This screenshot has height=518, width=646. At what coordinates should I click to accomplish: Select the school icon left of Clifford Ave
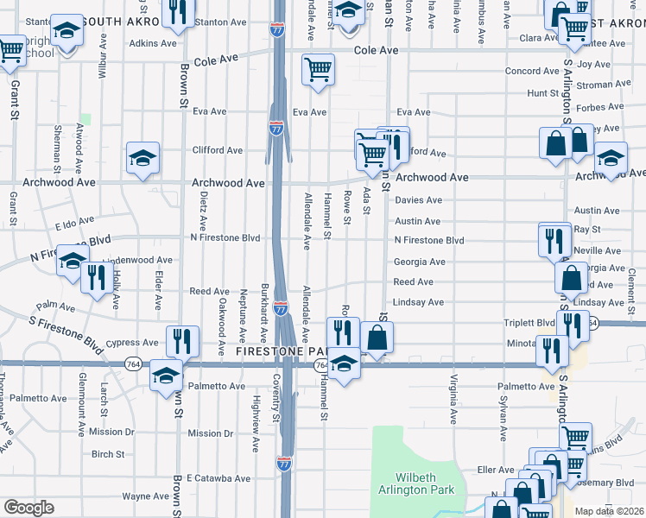click(143, 157)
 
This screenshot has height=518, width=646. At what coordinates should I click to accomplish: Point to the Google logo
click(28, 508)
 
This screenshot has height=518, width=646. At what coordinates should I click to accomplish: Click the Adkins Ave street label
click(152, 41)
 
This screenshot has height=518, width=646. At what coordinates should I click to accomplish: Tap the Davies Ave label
click(418, 200)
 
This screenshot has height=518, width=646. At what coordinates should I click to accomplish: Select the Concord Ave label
click(531, 71)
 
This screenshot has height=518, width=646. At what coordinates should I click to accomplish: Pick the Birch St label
click(108, 454)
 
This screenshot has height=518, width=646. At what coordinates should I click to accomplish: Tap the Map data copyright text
click(610, 511)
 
